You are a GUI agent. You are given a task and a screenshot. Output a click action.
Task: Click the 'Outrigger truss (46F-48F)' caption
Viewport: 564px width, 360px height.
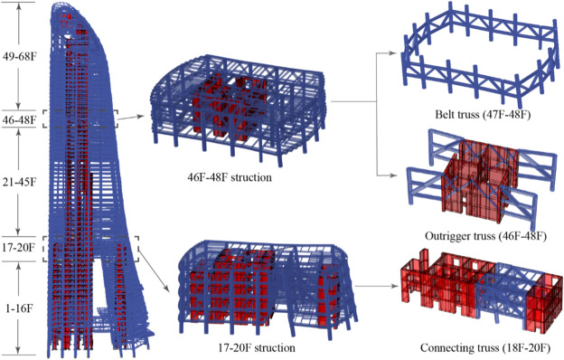(x=477, y=239)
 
